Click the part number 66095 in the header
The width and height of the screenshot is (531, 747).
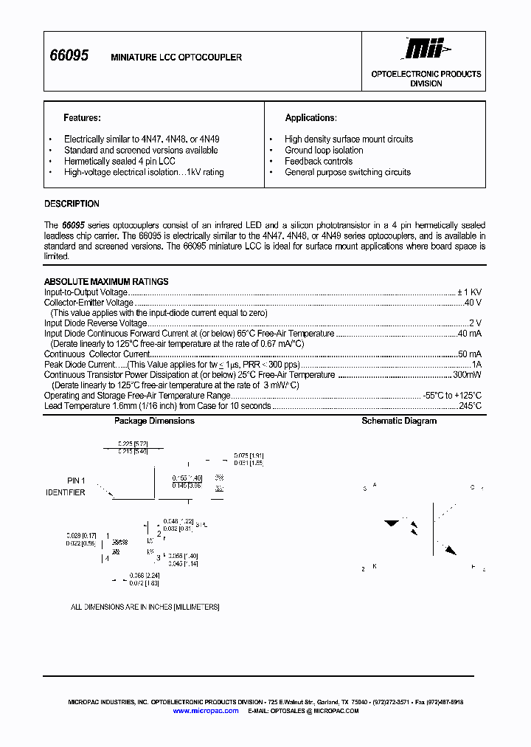(69, 55)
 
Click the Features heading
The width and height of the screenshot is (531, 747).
(82, 117)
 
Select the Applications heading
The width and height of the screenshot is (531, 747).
(310, 117)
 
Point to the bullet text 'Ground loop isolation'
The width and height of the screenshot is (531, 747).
(324, 150)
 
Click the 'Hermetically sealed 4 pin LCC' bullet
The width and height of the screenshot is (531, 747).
(119, 161)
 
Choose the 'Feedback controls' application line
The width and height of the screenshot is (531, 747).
(319, 161)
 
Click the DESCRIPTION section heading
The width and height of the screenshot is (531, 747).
(72, 204)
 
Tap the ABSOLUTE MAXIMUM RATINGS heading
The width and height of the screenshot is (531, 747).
(106, 281)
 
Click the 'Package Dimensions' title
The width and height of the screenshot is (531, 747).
(154, 421)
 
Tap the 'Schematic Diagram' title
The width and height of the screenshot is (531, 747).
(399, 421)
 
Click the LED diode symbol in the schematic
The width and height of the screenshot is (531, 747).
(392, 523)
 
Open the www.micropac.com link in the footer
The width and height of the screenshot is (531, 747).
(206, 710)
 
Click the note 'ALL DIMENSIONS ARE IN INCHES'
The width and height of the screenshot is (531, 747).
(145, 607)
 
